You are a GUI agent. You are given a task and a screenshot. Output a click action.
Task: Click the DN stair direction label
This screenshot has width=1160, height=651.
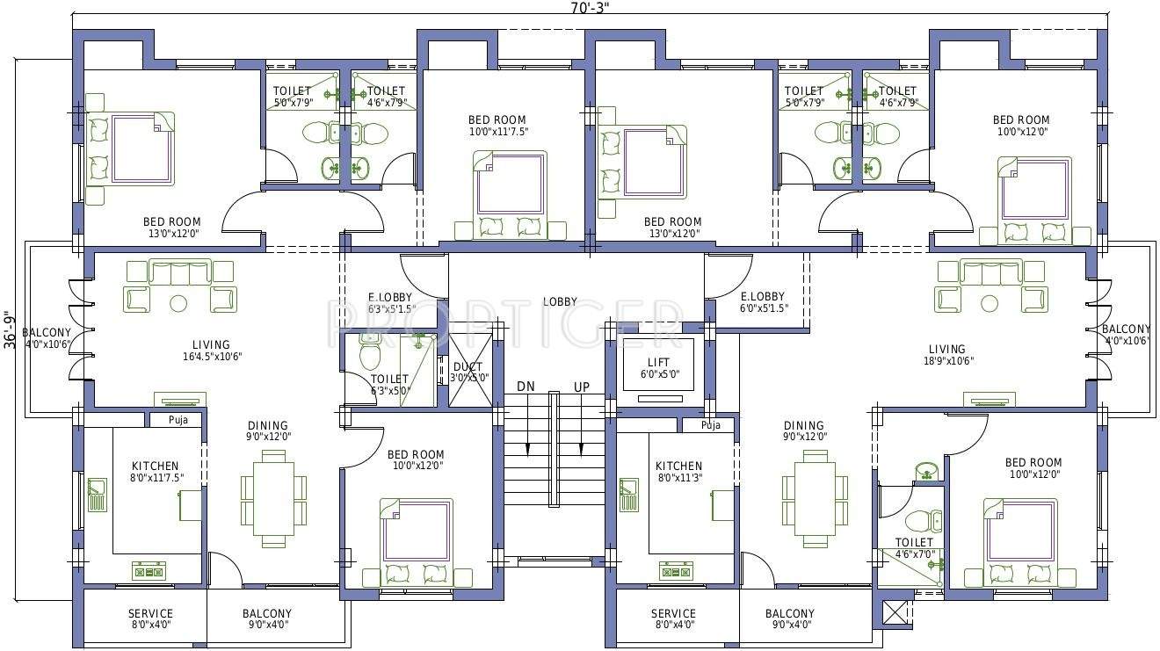click(526, 387)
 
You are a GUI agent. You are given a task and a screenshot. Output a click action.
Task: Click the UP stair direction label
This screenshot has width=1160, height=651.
click(582, 387)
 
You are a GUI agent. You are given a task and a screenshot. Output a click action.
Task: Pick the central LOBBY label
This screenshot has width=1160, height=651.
click(560, 301)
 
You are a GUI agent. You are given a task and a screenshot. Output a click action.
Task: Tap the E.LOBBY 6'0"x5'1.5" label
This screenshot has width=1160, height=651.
click(762, 302)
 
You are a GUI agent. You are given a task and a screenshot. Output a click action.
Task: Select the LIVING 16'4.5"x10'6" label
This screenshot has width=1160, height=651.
click(211, 351)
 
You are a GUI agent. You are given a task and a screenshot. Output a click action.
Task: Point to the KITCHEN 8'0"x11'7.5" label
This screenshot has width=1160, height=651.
click(156, 472)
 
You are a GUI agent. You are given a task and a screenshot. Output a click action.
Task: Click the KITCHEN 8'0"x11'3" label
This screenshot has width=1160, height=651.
click(678, 472)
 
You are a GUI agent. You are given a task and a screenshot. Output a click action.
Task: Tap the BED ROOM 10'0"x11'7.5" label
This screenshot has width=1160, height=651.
click(497, 126)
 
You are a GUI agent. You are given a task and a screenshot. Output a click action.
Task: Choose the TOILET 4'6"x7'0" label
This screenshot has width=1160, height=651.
click(914, 548)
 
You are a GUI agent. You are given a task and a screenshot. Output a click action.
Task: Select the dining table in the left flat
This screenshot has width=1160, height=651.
click(274, 499)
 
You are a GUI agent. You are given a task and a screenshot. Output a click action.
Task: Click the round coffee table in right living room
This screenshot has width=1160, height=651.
click(990, 304)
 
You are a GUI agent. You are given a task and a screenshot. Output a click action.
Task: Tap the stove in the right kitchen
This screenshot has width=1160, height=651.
click(675, 572)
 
